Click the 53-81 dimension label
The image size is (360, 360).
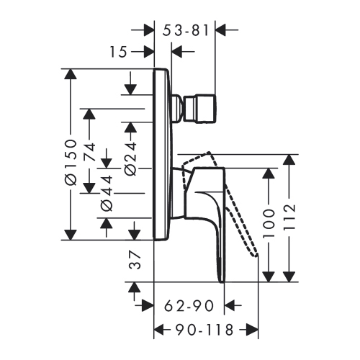(x=186, y=30)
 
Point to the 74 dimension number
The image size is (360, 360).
(x=89, y=154)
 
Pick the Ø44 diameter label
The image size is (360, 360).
(x=107, y=192)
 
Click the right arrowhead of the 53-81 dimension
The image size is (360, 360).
(x=221, y=30)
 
